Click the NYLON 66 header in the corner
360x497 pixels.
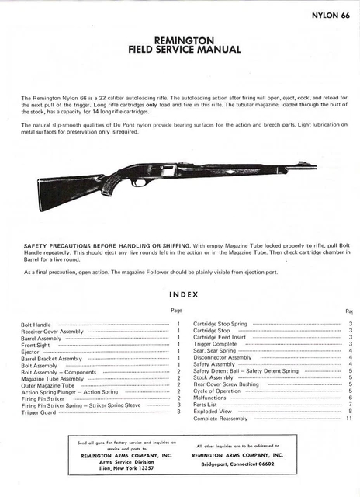coord(330,15)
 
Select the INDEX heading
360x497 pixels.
coord(183,294)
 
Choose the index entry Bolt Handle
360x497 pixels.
coord(36,323)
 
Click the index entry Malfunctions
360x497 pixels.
coord(212,397)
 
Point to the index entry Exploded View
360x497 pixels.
coord(213,412)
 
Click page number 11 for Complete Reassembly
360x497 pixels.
coord(349,419)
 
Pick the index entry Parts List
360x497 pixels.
coord(206,405)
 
